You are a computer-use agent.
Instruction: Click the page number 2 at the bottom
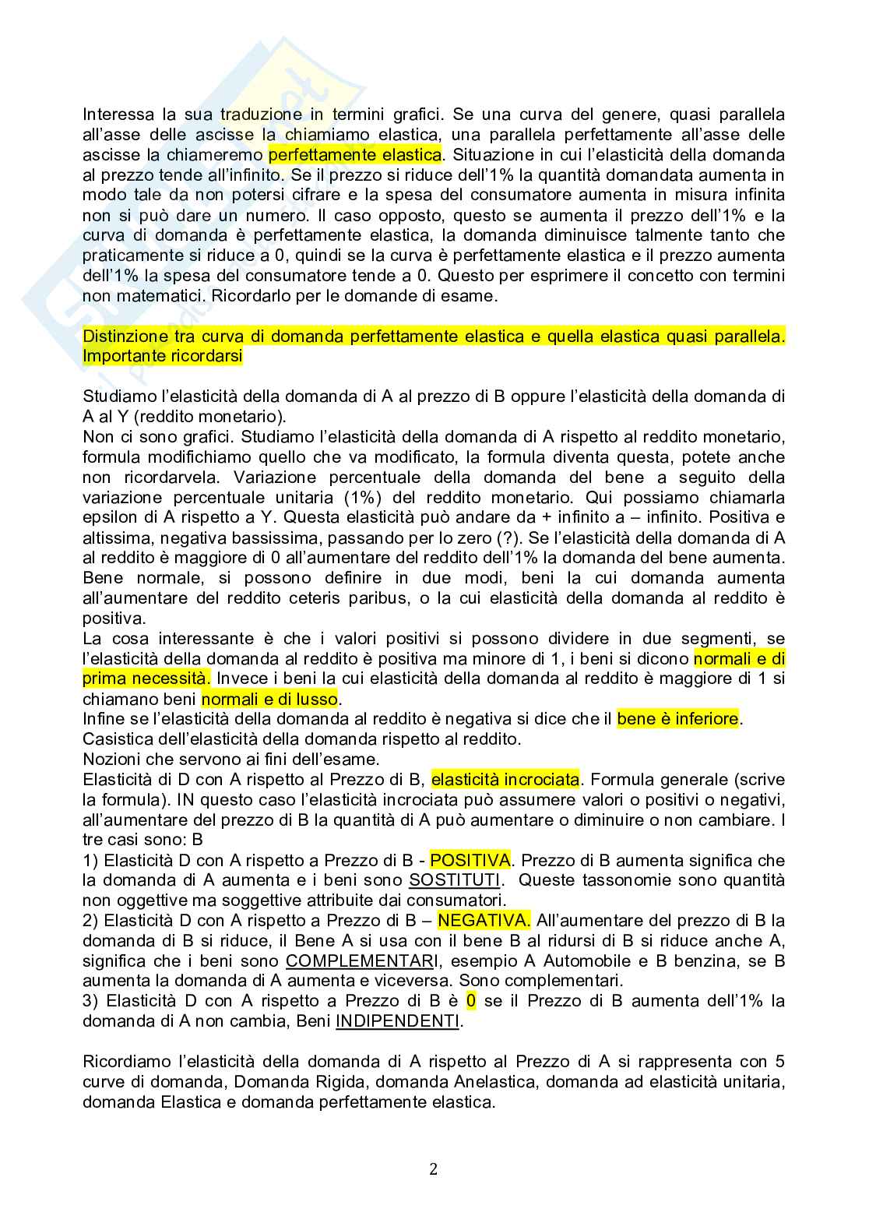pos(434,1169)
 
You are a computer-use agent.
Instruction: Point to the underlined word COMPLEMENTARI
pos(361,961)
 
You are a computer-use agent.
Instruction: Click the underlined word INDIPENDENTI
pos(397,1020)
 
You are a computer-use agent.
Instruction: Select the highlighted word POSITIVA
pos(470,860)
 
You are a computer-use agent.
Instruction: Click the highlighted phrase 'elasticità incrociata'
pos(505,779)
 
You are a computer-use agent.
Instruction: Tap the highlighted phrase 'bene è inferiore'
pos(677,719)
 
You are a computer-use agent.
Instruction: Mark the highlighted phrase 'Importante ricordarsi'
pos(162,356)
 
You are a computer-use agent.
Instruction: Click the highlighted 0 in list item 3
pos(470,1000)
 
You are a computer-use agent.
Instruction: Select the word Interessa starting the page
pos(114,115)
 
